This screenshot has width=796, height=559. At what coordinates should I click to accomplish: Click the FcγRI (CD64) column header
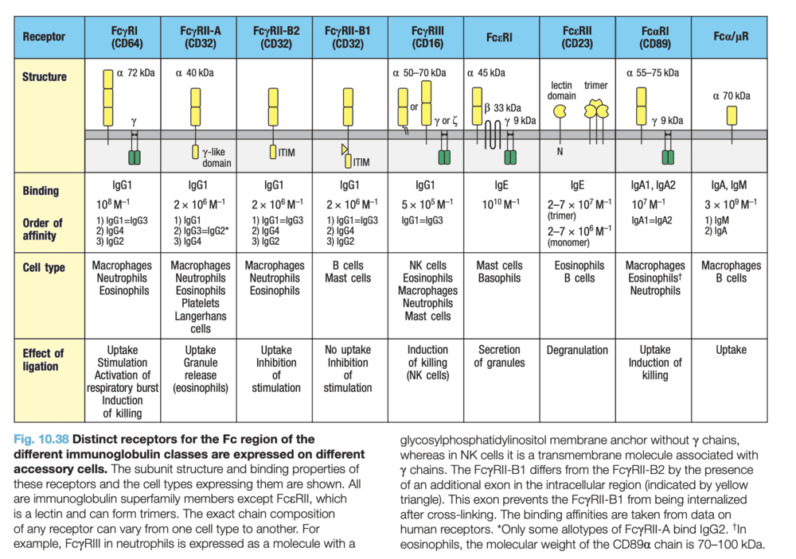[x=127, y=37]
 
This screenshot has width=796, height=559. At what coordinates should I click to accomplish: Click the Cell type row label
[x=45, y=267]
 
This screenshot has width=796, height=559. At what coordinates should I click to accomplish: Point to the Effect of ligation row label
[x=43, y=359]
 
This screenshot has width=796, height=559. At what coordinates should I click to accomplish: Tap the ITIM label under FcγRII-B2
[x=287, y=153]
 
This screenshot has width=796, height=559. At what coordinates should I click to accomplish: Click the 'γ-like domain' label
[x=217, y=157]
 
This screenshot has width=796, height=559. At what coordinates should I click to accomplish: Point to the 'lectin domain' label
[x=562, y=91]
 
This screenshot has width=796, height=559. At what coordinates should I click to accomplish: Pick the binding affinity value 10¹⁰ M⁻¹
[x=500, y=204]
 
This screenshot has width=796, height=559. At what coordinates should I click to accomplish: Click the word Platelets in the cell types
[x=201, y=304]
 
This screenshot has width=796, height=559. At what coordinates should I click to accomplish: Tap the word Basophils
[x=500, y=278]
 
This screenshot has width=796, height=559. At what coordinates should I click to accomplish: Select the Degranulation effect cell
[x=579, y=350]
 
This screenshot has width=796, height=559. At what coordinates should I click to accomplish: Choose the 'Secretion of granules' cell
[x=500, y=356]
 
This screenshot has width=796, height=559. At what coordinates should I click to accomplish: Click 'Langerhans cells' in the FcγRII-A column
[x=201, y=322]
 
